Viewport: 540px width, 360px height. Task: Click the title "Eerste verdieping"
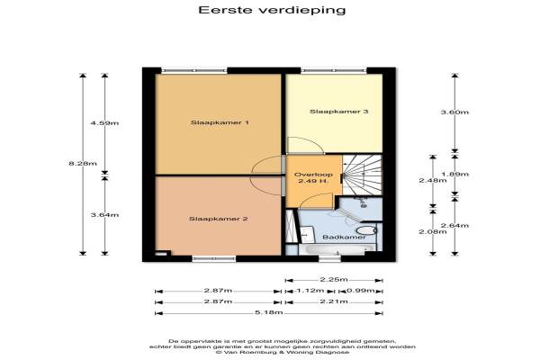[272, 10]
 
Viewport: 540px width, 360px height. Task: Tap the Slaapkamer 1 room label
[220, 122]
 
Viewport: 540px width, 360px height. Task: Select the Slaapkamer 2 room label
[219, 219]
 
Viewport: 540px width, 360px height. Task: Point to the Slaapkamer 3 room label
[339, 112]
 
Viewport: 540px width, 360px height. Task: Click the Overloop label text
[313, 175]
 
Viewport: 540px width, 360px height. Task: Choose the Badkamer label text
[344, 238]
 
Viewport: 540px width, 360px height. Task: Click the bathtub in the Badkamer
[336, 249]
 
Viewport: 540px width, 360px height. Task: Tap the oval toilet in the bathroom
[366, 230]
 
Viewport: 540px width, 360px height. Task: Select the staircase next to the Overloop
[362, 175]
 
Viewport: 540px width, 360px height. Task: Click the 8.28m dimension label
[83, 163]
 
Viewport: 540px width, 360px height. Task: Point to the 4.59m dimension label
[104, 123]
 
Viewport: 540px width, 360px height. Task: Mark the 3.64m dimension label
[104, 215]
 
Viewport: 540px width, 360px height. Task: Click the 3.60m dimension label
[454, 112]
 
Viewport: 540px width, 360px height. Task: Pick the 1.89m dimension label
[454, 174]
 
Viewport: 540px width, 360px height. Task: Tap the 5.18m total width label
[268, 312]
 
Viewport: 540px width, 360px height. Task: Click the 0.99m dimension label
[360, 291]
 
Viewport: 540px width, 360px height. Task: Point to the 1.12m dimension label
[310, 291]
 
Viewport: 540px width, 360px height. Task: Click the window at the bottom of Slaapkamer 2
[214, 258]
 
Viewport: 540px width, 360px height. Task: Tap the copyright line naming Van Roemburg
[283, 353]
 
